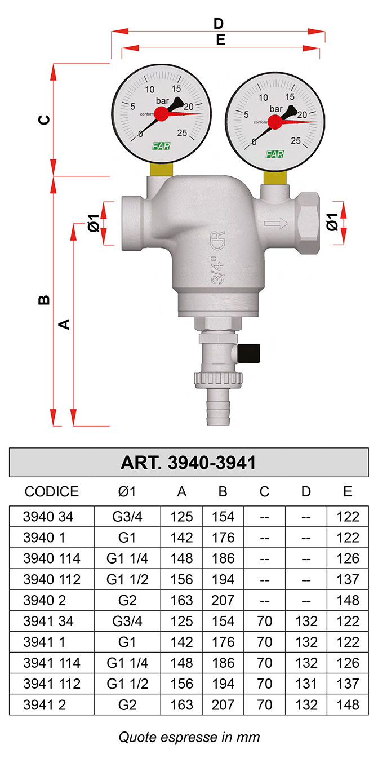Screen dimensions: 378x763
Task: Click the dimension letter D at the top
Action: pos(218,24)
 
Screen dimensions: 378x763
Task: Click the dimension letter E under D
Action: pos(221,40)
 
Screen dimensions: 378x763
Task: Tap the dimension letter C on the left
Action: pos(45,119)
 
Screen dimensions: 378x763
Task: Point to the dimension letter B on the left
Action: pos(45,300)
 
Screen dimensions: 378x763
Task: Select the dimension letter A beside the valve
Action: pos(64,324)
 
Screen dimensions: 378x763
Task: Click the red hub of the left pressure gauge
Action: pos(161,113)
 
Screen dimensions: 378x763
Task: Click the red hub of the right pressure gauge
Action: pos(274,122)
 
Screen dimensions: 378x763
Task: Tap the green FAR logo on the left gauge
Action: pos(161,146)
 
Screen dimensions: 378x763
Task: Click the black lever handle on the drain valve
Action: pos(248,353)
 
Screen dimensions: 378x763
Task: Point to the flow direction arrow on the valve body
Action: pos(276,224)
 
